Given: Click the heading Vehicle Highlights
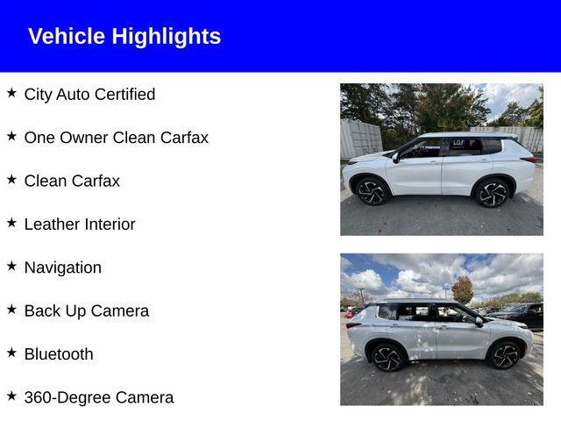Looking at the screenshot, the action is pyautogui.click(x=124, y=36).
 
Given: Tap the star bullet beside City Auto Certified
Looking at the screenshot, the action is pyautogui.click(x=11, y=93).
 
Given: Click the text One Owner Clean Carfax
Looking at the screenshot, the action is pyautogui.click(x=117, y=138).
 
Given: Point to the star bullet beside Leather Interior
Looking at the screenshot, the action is pyautogui.click(x=11, y=223).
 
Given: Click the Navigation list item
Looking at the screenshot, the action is pyautogui.click(x=63, y=268).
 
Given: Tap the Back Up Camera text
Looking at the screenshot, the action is pyautogui.click(x=87, y=311).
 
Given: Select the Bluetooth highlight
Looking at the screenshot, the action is pyautogui.click(x=59, y=354).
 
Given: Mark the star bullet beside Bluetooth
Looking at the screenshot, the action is pyautogui.click(x=11, y=353).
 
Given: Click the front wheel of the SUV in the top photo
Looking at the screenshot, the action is pyautogui.click(x=372, y=192).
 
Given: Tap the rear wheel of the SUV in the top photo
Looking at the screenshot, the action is pyautogui.click(x=492, y=194).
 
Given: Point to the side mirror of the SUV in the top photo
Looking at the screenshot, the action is pyautogui.click(x=395, y=158).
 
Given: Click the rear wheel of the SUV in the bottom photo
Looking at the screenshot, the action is pyautogui.click(x=387, y=358).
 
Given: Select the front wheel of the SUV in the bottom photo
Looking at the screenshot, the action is pyautogui.click(x=505, y=355).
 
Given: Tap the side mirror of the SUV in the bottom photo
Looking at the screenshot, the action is pyautogui.click(x=479, y=322).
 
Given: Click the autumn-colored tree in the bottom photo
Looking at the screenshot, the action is pyautogui.click(x=463, y=289).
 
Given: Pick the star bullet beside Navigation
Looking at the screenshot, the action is pyautogui.click(x=11, y=266).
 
